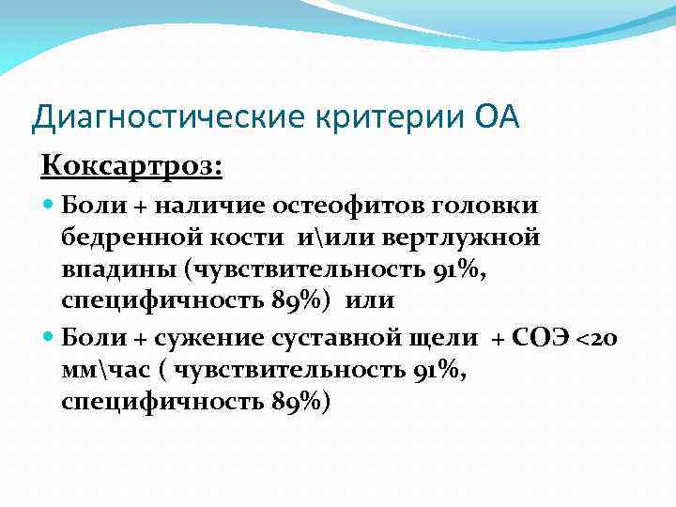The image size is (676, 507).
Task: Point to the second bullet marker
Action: point(50,338)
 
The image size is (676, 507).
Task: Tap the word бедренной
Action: point(129,238)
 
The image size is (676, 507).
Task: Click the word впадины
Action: point(119,270)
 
